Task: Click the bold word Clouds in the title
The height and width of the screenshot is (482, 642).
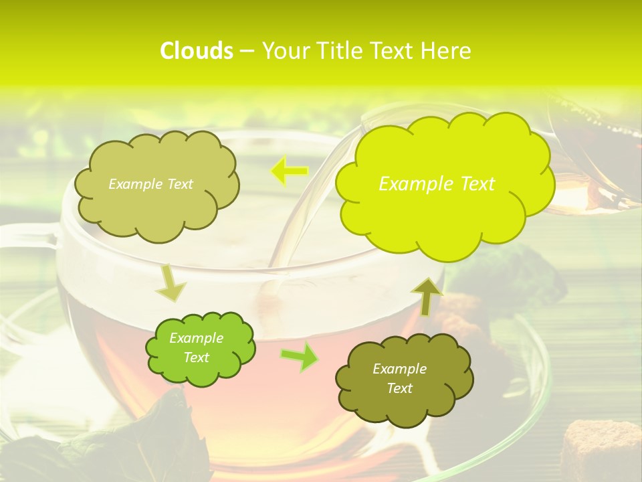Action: [x=197, y=51]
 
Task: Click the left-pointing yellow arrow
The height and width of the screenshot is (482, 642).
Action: [x=289, y=171]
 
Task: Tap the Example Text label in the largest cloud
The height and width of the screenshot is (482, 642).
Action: [x=437, y=183]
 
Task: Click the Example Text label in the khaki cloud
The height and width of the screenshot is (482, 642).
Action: [x=150, y=184]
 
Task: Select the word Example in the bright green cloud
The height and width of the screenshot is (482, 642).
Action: [x=196, y=338]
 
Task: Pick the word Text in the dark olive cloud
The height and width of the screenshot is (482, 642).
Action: [x=399, y=388]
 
